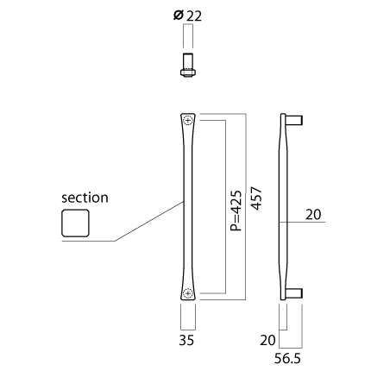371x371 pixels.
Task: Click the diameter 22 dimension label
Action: pos(188,16)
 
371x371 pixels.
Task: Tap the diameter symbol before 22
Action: pos(179,16)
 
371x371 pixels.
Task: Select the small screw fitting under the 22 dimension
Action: pos(188,65)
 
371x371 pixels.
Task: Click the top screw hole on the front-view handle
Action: pos(188,121)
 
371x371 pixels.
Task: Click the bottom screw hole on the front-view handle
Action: pos(188,293)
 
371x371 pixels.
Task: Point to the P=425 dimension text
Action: pos(236,211)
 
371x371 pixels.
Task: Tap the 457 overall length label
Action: pos(256,198)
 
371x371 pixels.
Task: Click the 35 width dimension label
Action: pos(186,340)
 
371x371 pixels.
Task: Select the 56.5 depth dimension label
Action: pos(287,359)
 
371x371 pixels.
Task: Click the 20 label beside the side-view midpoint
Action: pos(313,215)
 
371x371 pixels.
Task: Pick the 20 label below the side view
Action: pos(267,340)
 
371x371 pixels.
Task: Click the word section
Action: pos(85,198)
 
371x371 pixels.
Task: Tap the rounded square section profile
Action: pos(75,223)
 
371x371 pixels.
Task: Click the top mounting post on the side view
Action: pos(294,120)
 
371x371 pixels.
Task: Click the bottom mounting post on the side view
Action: pos(294,293)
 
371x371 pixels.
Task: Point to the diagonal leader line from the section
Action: pos(149,221)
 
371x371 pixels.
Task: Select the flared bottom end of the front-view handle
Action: pos(188,292)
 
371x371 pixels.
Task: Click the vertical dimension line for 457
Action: pos(246,207)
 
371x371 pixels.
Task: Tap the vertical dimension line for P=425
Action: pos(225,207)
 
